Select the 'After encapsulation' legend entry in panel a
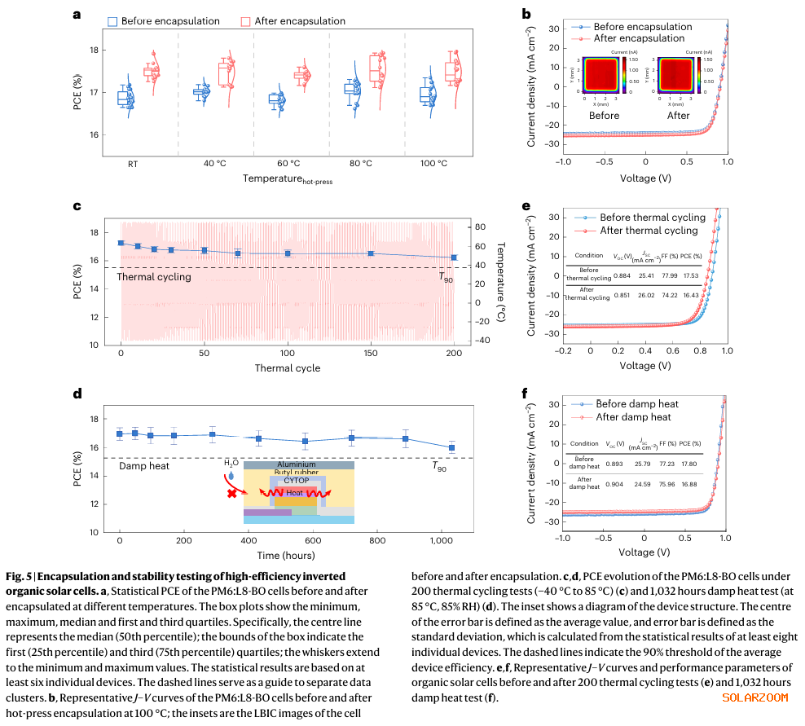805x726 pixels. (293, 20)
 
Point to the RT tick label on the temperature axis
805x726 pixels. (132, 163)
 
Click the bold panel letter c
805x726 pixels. (78, 205)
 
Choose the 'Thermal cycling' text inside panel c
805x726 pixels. (154, 277)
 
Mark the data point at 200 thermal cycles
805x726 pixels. (453, 257)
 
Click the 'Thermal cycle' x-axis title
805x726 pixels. (287, 368)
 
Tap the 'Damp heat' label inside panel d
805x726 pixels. (144, 466)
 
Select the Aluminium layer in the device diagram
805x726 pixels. (298, 464)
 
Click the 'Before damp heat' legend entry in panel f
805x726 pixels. (636, 404)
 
